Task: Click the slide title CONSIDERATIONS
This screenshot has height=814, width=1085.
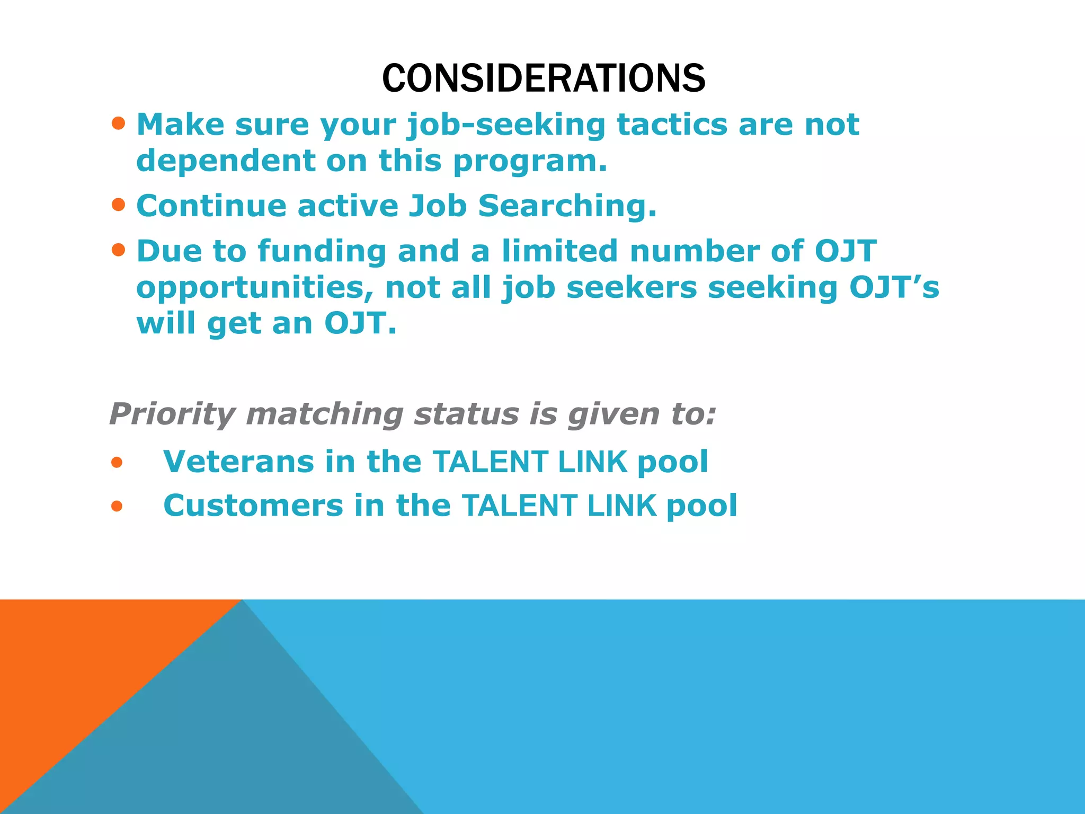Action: click(544, 78)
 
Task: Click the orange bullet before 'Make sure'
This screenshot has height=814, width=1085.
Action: click(119, 124)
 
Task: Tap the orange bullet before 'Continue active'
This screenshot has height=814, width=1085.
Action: click(119, 205)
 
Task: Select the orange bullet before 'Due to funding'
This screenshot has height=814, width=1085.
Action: click(119, 250)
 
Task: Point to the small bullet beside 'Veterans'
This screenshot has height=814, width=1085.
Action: click(117, 463)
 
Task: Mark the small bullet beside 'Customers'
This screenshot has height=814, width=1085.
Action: click(117, 507)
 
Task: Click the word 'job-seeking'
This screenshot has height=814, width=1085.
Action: click(506, 126)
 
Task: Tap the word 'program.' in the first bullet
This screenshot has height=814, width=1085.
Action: click(530, 162)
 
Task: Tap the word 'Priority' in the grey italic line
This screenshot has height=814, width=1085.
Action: click(172, 414)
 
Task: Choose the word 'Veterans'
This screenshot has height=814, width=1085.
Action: click(239, 462)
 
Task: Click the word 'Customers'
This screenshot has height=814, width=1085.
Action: click(253, 506)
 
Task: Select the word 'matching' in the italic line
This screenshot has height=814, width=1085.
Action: click(325, 415)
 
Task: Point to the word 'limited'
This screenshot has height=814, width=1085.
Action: click(559, 251)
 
